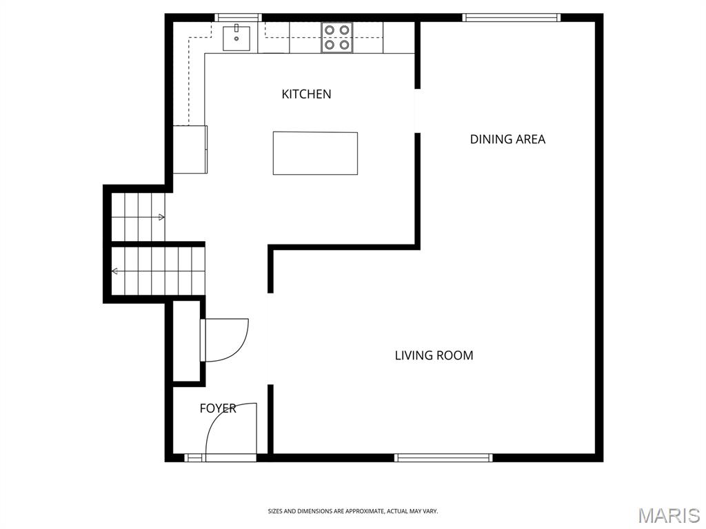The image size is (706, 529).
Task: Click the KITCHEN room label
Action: (306, 94)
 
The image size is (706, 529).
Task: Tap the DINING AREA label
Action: (507, 139)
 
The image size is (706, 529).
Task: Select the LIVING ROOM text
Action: (434, 355)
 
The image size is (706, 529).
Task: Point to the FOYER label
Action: (218, 408)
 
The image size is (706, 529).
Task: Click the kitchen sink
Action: (236, 38)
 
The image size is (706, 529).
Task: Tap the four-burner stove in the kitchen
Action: (336, 37)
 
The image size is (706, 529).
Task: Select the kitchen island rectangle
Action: (315, 153)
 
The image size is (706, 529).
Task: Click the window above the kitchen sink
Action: (238, 17)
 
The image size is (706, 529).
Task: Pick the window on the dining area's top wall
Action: (512, 17)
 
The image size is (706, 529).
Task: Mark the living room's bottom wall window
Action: (443, 457)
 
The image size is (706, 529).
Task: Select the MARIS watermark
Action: (669, 515)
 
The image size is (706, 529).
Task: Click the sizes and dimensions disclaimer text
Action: (353, 511)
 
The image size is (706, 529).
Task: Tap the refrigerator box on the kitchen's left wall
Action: (190, 149)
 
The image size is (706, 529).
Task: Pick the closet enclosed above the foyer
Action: (186, 341)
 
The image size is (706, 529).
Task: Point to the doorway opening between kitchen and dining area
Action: (417, 111)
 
